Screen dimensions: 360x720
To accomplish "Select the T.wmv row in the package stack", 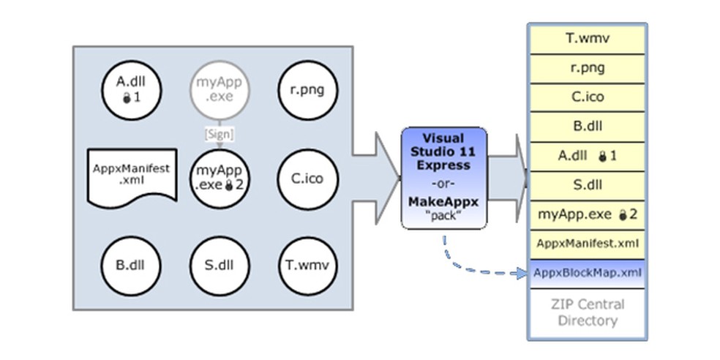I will (x=588, y=38).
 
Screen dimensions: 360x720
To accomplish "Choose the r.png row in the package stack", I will (x=588, y=68).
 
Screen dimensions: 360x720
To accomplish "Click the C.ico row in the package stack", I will (x=588, y=97).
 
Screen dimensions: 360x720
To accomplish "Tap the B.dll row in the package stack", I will (x=588, y=126).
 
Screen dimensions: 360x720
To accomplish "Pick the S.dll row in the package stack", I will (x=588, y=184).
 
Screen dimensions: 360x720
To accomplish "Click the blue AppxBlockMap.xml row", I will (x=588, y=273).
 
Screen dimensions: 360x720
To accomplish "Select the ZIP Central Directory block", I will (x=588, y=312).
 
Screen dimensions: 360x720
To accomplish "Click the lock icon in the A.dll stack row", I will (x=603, y=156).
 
